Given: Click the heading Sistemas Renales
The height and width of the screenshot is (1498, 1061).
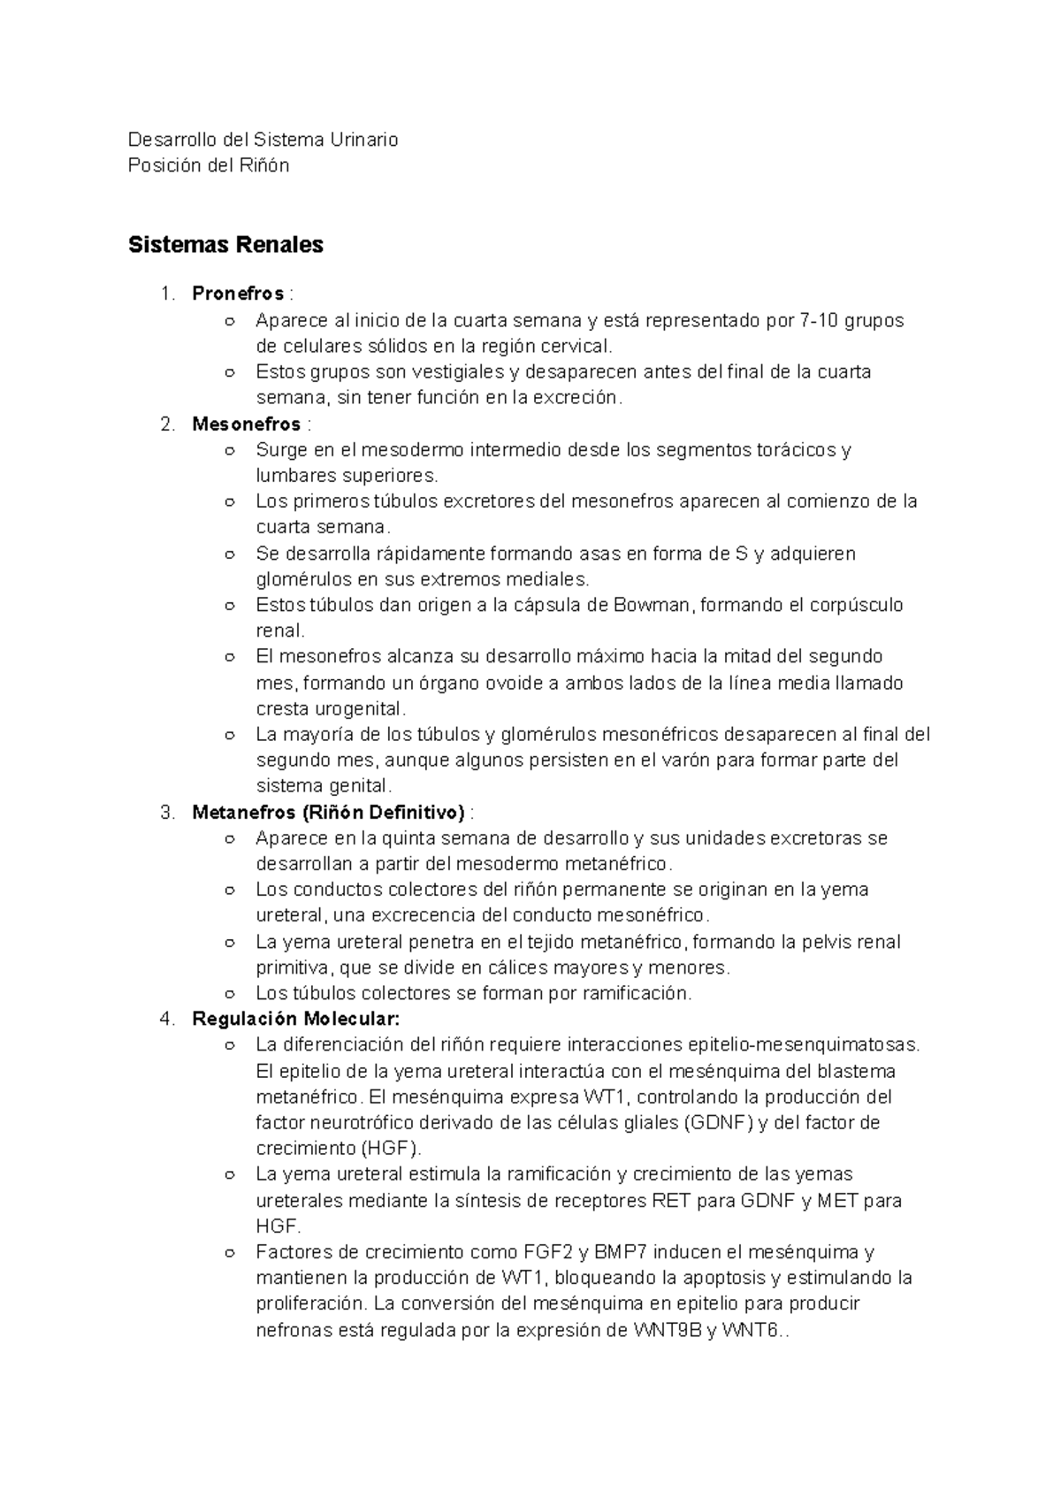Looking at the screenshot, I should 225,245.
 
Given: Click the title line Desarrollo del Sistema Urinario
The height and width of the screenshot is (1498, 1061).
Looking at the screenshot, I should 263,140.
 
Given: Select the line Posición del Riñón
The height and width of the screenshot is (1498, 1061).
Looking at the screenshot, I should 209,165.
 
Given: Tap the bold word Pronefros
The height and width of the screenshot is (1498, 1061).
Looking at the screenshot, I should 238,294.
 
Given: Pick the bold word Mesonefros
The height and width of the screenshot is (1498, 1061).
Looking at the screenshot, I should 246,424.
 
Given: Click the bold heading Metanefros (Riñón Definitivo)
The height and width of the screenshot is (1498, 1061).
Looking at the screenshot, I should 328,812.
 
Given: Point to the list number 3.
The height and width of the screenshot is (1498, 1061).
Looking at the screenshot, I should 168,812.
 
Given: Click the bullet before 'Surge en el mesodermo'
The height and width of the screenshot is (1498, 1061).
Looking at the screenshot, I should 230,451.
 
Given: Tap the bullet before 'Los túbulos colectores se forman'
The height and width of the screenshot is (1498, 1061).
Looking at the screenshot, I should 230,994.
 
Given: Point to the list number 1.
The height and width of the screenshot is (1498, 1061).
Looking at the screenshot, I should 167,294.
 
